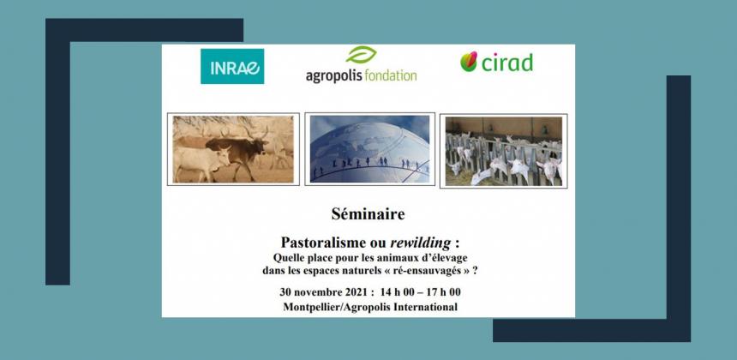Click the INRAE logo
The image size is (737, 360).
(232, 66)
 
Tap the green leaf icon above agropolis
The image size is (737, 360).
(361, 55)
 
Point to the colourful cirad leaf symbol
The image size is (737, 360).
(469, 62)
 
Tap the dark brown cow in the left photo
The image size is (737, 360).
(237, 153)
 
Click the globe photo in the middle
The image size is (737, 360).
(369, 149)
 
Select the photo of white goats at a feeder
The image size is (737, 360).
(503, 151)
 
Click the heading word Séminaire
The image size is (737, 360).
(368, 214)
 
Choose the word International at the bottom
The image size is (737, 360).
(428, 308)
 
